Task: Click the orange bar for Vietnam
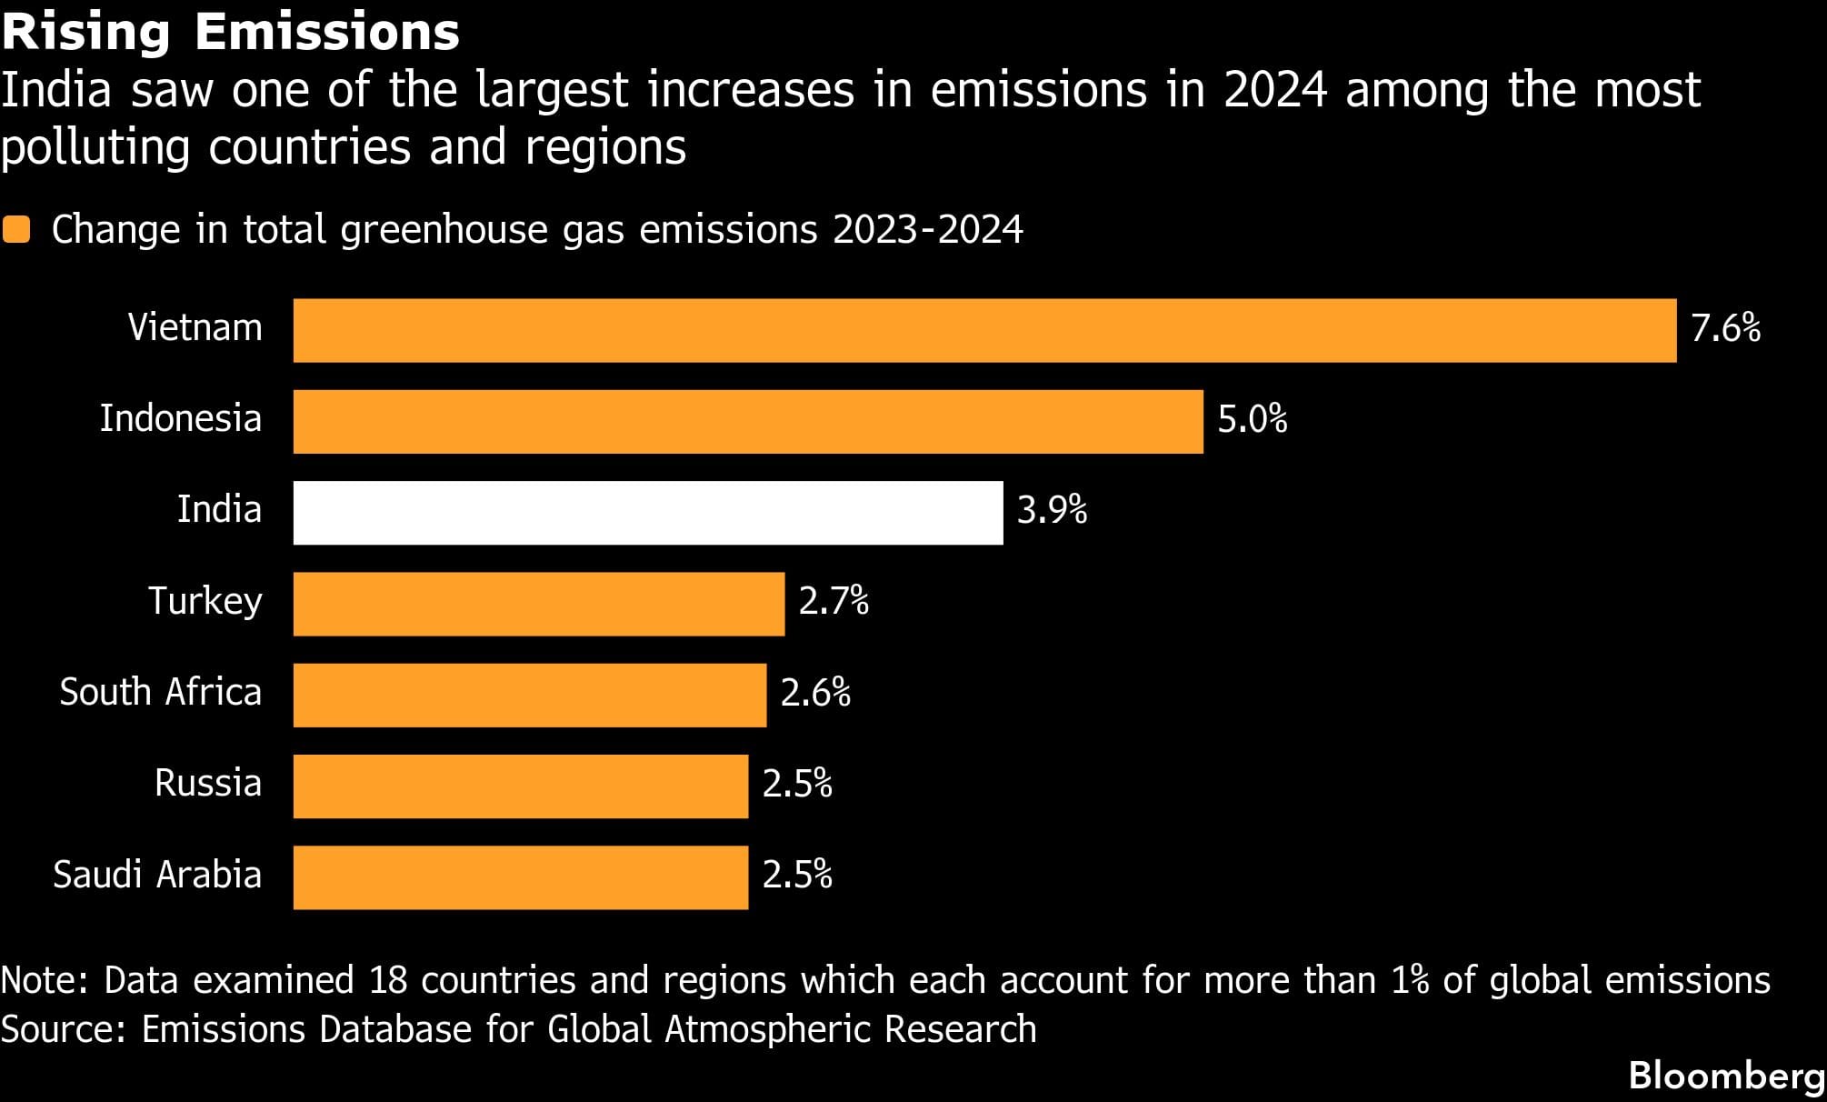[984, 330]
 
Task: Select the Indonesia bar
[748, 421]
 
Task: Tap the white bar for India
[648, 513]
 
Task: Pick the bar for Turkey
[538, 604]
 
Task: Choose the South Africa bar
[529, 695]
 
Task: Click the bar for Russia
[520, 786]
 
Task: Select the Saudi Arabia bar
[520, 877]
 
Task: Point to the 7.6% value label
[1725, 328]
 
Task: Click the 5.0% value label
[1252, 419]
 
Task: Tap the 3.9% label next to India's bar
[1052, 510]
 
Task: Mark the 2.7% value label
[834, 602]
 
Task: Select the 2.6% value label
[815, 693]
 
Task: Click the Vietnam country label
[195, 327]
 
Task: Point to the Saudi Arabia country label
[157, 875]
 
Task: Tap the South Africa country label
[160, 692]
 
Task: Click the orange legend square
[16, 229]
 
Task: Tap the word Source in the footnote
[62, 1029]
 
